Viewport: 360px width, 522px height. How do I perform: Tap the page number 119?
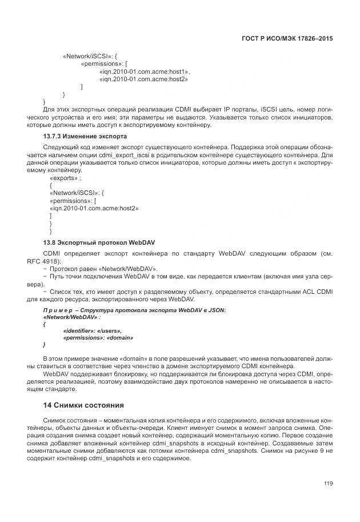[328, 484]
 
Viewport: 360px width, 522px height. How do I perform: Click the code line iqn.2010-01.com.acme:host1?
[144, 71]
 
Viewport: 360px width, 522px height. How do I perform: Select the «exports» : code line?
[66, 178]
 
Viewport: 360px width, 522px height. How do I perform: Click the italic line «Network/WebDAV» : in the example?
[72, 317]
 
